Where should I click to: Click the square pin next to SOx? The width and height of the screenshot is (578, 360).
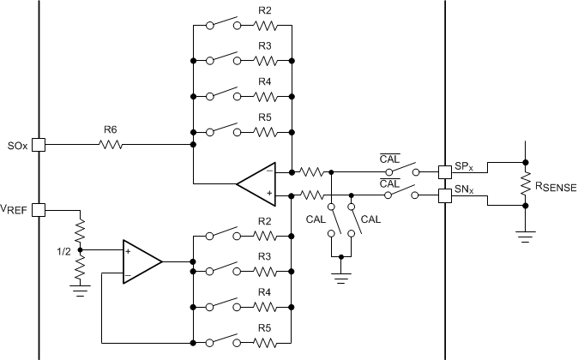38,146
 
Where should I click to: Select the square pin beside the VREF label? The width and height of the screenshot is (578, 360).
38,208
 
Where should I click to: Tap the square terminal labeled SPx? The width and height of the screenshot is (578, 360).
445,171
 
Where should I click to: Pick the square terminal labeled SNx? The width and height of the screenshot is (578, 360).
445,196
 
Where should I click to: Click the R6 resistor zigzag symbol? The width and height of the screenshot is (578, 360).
111,146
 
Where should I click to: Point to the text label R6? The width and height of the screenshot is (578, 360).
110,130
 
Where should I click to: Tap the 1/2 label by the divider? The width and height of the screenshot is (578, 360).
63,252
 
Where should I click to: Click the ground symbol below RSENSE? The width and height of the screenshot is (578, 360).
524,233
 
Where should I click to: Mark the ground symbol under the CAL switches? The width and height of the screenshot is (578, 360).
340,277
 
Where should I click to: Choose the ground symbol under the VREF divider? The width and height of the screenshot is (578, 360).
80,290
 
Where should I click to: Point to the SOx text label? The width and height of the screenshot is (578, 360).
15,145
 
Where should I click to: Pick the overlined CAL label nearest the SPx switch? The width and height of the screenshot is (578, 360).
391,158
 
